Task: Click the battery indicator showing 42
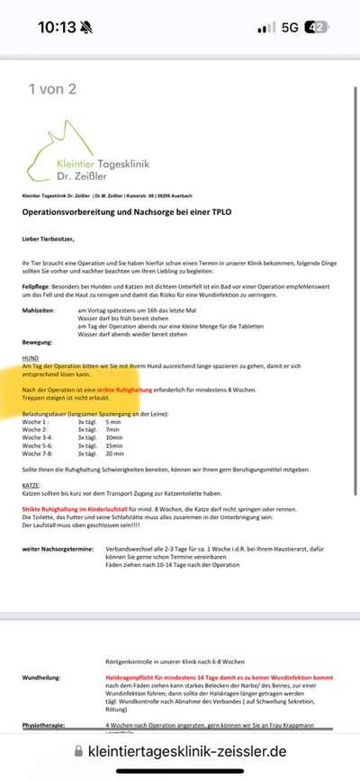click(316, 27)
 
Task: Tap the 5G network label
click(289, 27)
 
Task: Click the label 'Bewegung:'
click(39, 341)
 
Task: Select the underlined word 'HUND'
click(31, 358)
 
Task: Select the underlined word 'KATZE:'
click(33, 483)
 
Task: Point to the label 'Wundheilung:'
click(42, 679)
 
